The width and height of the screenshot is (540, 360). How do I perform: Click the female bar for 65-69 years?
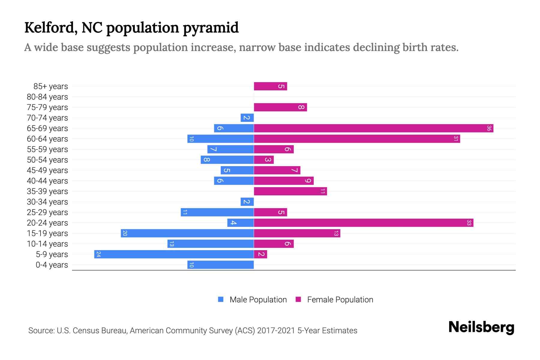373,128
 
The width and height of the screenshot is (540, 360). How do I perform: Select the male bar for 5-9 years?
174,254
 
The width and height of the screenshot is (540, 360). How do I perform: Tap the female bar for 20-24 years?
364,223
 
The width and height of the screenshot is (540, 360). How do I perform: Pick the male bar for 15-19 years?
187,233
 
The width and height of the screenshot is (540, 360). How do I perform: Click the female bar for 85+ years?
270,86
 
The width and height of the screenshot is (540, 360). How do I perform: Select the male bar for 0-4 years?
220,265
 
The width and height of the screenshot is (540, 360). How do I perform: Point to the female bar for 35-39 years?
290,191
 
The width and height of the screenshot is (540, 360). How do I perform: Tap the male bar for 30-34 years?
247,202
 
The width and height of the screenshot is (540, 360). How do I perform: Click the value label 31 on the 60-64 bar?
456,139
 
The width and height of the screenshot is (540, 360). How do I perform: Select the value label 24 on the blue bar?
98,254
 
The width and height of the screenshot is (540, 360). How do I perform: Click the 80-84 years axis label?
47,97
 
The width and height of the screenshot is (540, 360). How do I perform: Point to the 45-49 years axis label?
47,170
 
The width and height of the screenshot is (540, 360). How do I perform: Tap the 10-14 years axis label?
47,244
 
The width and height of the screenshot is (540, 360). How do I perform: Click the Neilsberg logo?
481,327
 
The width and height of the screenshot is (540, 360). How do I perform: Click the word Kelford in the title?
49,28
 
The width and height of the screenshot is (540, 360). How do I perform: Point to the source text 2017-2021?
276,331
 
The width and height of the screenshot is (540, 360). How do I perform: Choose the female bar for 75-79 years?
280,107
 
